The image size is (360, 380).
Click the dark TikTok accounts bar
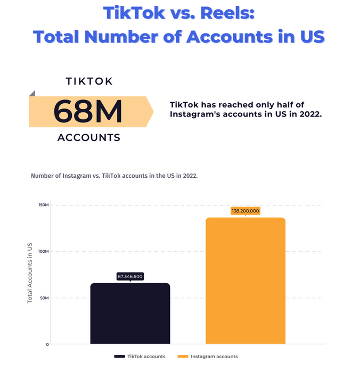[x=130, y=313]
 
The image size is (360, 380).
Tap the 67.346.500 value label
[x=130, y=277]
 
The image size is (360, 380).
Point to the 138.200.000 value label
[x=246, y=211]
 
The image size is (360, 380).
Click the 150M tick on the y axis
[x=44, y=205]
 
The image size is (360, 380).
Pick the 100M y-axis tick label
[x=44, y=252]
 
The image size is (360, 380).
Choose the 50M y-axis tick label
[x=44, y=298]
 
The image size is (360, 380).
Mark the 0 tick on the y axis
[x=47, y=344]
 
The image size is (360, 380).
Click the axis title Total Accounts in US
[x=30, y=272]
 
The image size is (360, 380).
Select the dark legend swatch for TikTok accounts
[x=119, y=357]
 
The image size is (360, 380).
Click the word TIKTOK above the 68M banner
[x=89, y=81]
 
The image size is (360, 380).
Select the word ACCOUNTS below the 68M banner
[x=88, y=137]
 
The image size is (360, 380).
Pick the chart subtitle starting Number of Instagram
[x=114, y=175]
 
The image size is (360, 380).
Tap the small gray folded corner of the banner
[x=32, y=94]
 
